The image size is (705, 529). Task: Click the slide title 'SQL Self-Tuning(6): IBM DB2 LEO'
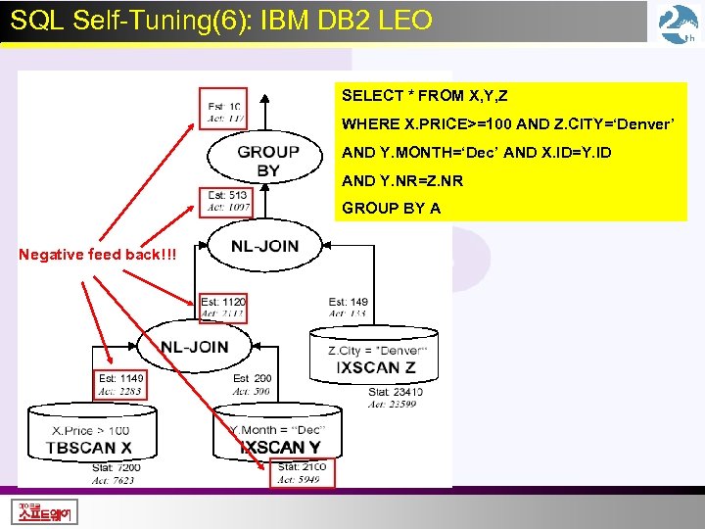coord(221,20)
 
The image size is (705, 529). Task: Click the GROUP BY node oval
coord(267,161)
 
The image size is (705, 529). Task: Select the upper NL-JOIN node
coord(264,245)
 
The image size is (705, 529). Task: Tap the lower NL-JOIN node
coord(194,347)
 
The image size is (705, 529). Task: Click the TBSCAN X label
coord(88,448)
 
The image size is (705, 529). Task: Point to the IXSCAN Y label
coord(280,448)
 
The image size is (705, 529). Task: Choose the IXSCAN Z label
coord(376,368)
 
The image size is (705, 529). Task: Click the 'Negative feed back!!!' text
coord(82,255)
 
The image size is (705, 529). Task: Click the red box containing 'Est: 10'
coord(224,112)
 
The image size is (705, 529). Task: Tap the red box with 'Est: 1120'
coord(222,308)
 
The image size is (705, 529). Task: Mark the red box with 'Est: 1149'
coord(120,384)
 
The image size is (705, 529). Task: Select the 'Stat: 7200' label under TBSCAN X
coord(116,468)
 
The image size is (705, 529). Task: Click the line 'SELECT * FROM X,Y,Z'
coord(424,96)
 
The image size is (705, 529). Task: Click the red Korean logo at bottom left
coord(46,511)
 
